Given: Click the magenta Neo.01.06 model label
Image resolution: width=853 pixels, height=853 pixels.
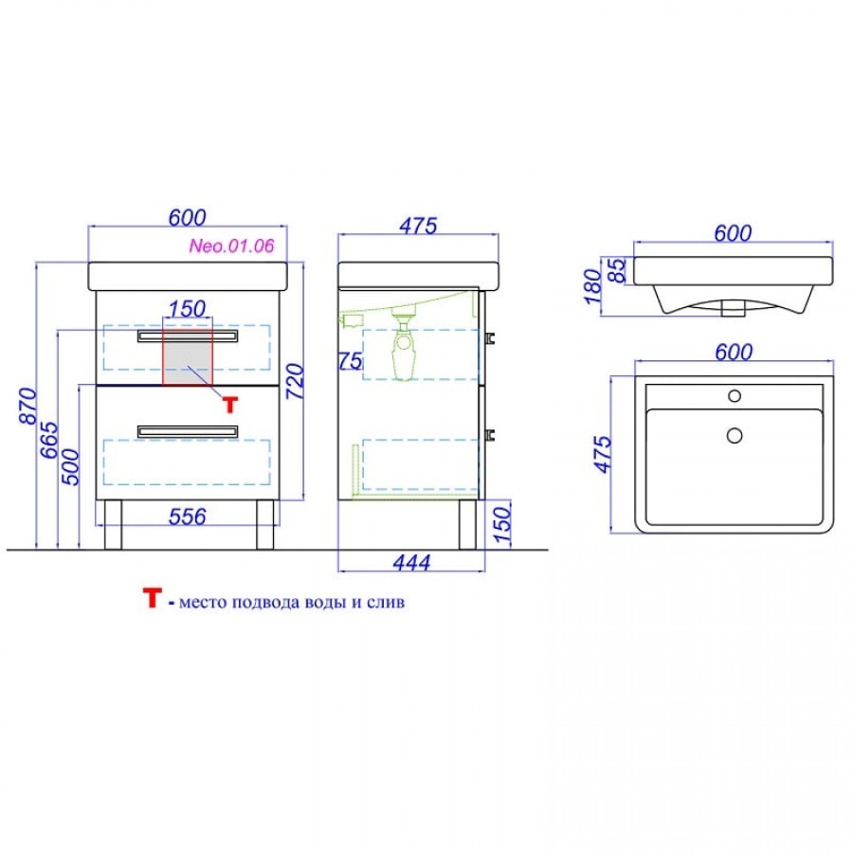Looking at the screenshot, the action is (232, 245).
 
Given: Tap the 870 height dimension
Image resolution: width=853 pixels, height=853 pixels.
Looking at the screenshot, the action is (27, 406).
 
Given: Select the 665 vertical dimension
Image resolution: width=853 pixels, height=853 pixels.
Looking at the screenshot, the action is (49, 440).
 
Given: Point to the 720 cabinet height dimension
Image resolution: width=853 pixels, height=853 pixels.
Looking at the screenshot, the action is (296, 381).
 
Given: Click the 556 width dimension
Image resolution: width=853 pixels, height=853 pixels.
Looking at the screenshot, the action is (188, 517).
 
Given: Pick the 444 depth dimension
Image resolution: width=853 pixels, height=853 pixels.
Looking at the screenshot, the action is (412, 562).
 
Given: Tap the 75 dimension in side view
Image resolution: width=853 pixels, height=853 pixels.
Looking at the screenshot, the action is (351, 361).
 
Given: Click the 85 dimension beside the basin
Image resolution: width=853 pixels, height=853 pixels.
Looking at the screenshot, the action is (617, 270).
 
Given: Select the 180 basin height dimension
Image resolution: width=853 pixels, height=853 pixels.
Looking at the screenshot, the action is (593, 286).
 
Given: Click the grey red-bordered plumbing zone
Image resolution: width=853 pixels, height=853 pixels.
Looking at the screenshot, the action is (188, 357).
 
